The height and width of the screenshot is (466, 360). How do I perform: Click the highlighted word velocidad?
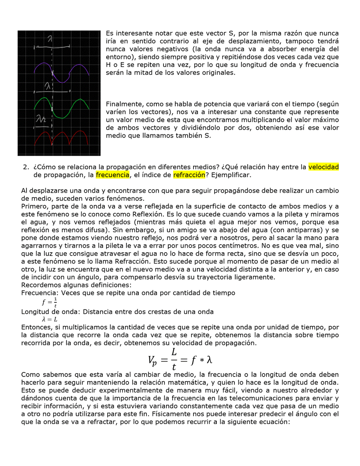tap(323, 167)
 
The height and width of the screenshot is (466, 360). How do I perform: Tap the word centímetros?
tap(239, 246)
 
